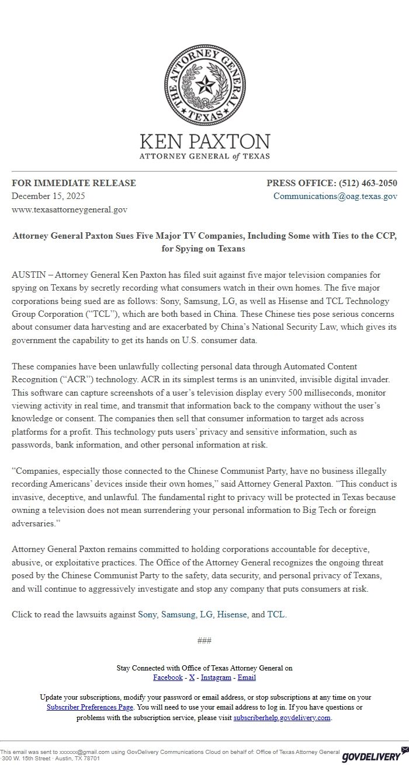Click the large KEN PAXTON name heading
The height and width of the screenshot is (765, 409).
pos(204,142)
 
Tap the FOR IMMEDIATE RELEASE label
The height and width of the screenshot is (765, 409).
pos(74,183)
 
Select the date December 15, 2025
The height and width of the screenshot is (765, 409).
pos(48,196)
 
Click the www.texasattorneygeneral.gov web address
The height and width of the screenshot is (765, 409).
pos(70,209)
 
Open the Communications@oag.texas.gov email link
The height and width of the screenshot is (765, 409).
pos(335,196)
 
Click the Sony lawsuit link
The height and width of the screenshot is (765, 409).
pos(147,614)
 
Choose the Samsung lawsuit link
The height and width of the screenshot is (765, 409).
pos(178,614)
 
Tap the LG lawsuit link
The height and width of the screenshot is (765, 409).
pos(206,614)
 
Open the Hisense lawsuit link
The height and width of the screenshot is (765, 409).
pos(232,614)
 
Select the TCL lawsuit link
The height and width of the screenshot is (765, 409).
pos(276,614)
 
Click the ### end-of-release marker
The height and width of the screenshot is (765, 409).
pos(204,641)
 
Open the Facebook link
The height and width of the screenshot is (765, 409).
pos(168,677)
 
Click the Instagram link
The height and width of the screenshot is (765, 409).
pos(216,677)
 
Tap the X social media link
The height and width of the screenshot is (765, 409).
pos(192,677)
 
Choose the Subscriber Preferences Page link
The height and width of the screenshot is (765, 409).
pos(90,707)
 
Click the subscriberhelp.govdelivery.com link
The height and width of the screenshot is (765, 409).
pos(282,718)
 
